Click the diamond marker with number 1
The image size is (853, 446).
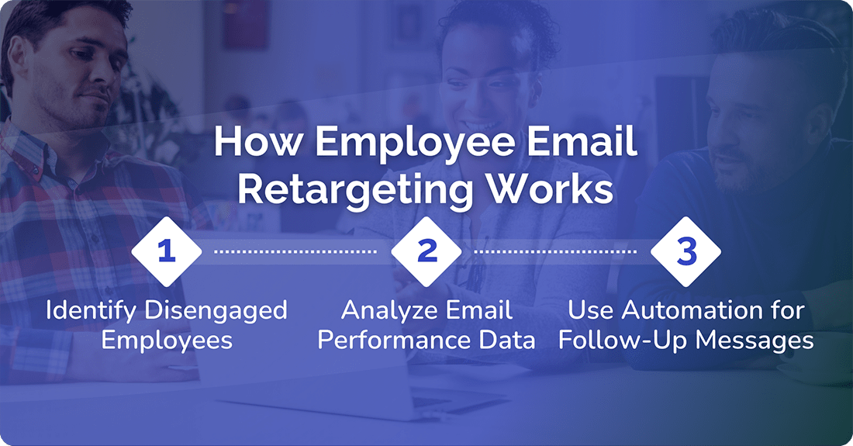tap(167, 251)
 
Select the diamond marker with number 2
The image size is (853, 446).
tap(427, 251)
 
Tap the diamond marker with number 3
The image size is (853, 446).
tap(686, 251)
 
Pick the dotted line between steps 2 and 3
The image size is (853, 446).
tap(556, 252)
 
